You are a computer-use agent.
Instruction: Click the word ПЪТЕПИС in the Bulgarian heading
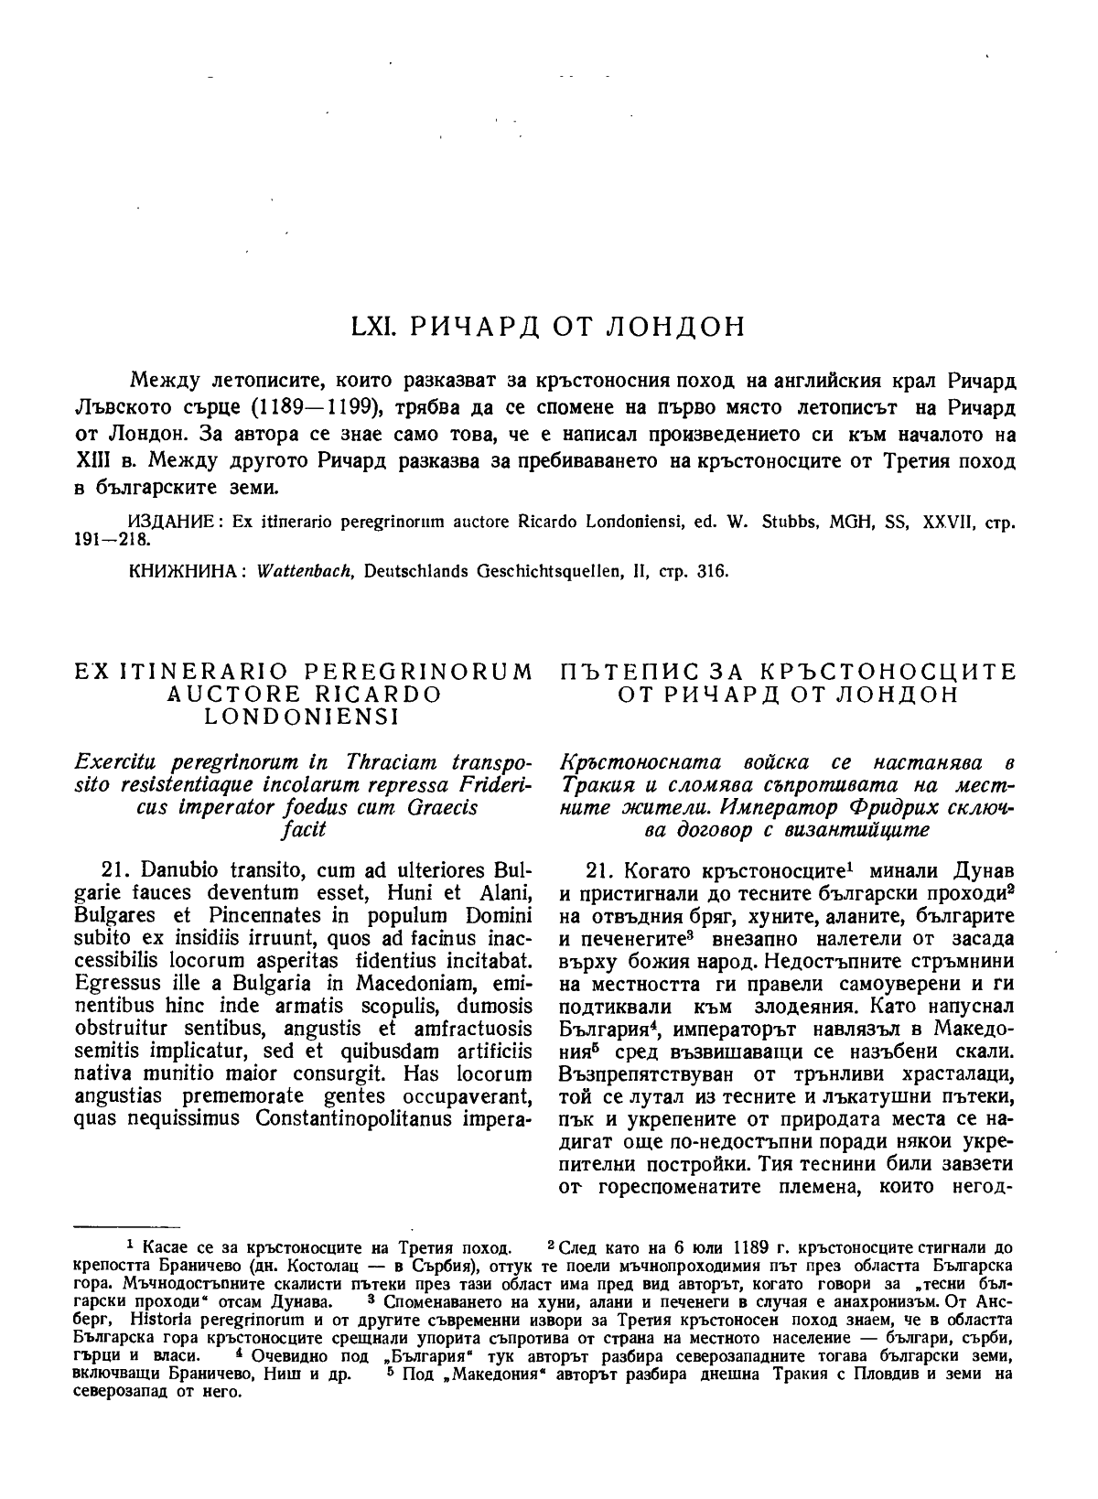pos(622,674)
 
